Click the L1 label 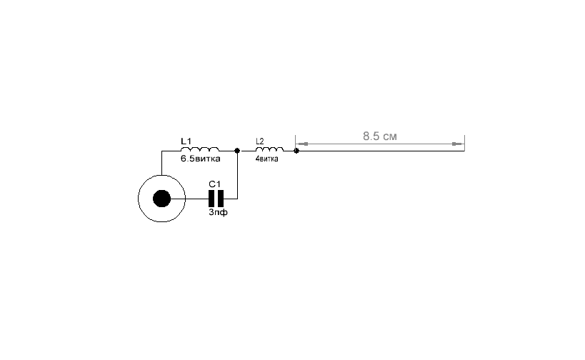[x=186, y=141]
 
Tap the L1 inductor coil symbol [x=200, y=149]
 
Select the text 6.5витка [x=200, y=159]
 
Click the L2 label [x=260, y=141]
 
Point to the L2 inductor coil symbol [x=269, y=149]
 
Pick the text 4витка [x=266, y=159]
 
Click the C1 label [x=214, y=184]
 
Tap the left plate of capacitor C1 [x=211, y=199]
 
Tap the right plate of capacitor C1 [x=221, y=199]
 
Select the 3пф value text [x=218, y=212]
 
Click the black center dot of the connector [x=161, y=199]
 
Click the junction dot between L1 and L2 [x=237, y=151]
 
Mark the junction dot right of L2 [x=296, y=151]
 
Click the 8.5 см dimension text [x=380, y=136]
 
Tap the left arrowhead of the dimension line [x=303, y=144]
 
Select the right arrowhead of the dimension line [x=457, y=144]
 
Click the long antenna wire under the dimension [x=381, y=151]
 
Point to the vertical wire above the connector [x=161, y=163]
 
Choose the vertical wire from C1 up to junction [x=237, y=174]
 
